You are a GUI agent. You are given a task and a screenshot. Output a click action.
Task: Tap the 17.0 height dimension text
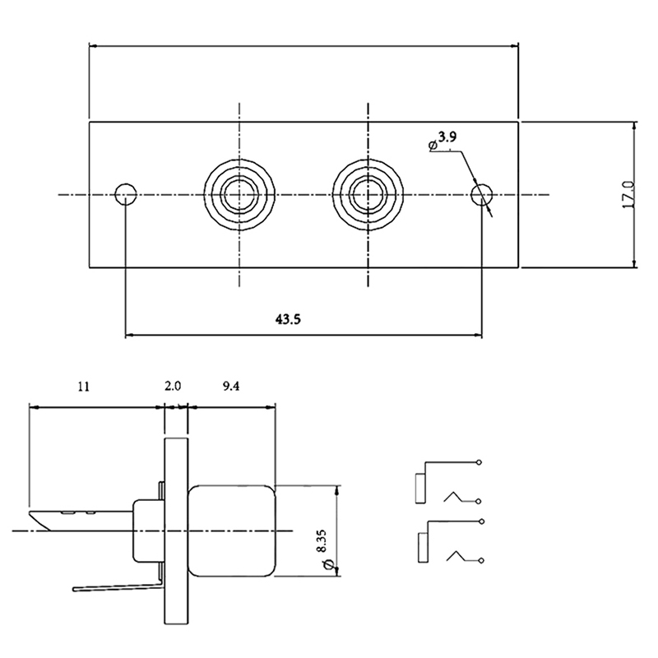627,195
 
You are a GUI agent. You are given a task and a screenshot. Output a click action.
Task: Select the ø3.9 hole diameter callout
444,139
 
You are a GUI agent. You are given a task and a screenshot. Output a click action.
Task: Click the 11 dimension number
84,386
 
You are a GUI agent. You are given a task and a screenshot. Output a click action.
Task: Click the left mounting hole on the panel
125,195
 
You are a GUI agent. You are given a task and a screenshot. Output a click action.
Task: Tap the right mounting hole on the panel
482,195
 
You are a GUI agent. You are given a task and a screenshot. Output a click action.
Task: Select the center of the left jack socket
239,195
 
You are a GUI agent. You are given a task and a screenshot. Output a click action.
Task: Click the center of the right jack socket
366,195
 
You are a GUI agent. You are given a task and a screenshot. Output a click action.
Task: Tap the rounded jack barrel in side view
232,531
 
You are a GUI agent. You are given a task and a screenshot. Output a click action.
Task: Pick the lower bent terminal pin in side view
115,586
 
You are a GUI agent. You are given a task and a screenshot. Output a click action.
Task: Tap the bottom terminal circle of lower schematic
479,560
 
